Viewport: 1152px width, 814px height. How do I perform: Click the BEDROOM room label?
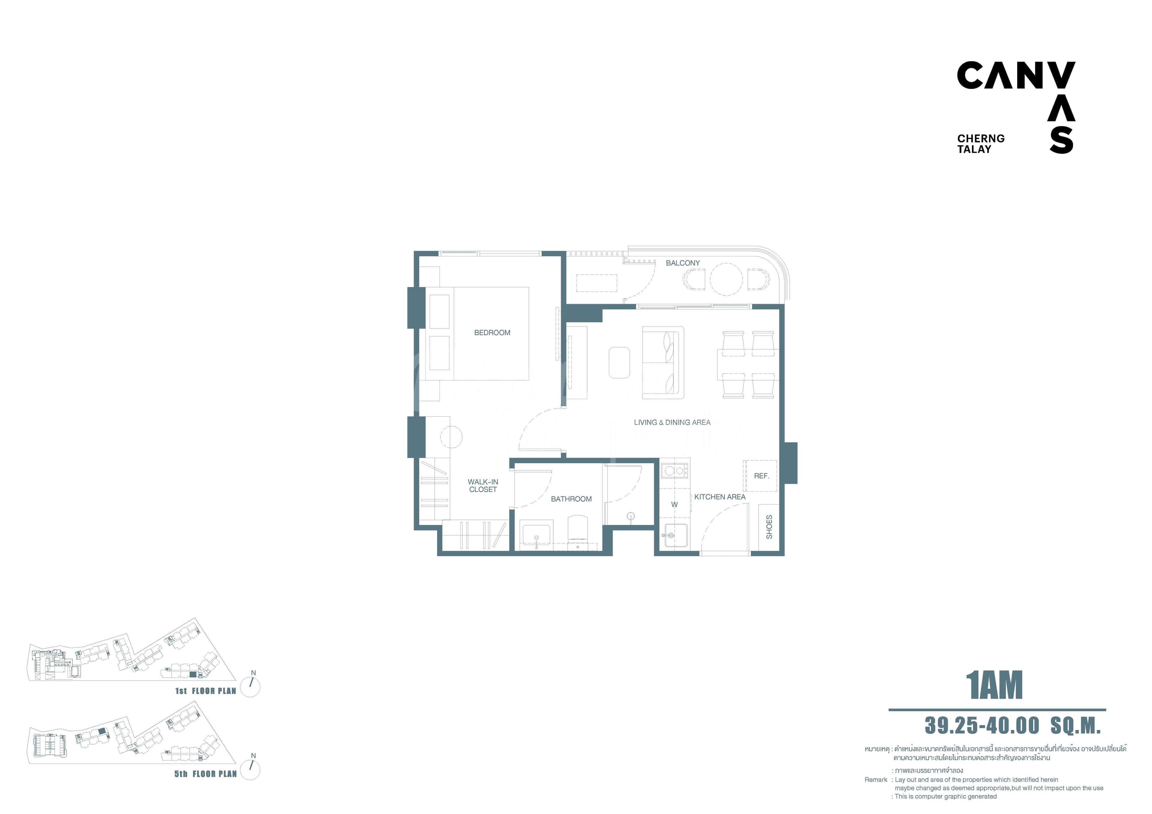click(x=492, y=333)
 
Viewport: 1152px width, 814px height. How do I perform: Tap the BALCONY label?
click(x=683, y=263)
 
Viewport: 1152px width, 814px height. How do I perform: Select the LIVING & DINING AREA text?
click(x=672, y=423)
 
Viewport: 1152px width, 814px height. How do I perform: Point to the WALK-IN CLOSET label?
click(x=483, y=486)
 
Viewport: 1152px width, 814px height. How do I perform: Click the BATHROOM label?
click(x=571, y=499)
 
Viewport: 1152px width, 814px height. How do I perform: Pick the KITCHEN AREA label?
click(x=720, y=497)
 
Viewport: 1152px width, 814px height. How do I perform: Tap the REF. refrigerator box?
click(x=760, y=476)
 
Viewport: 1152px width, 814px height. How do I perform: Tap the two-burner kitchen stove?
click(x=675, y=471)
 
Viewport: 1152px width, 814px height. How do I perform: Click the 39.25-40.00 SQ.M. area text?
click(x=1012, y=726)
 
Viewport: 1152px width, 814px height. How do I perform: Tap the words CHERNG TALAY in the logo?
click(x=981, y=143)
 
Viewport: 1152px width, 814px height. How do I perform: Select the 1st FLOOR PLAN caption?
click(x=206, y=691)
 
